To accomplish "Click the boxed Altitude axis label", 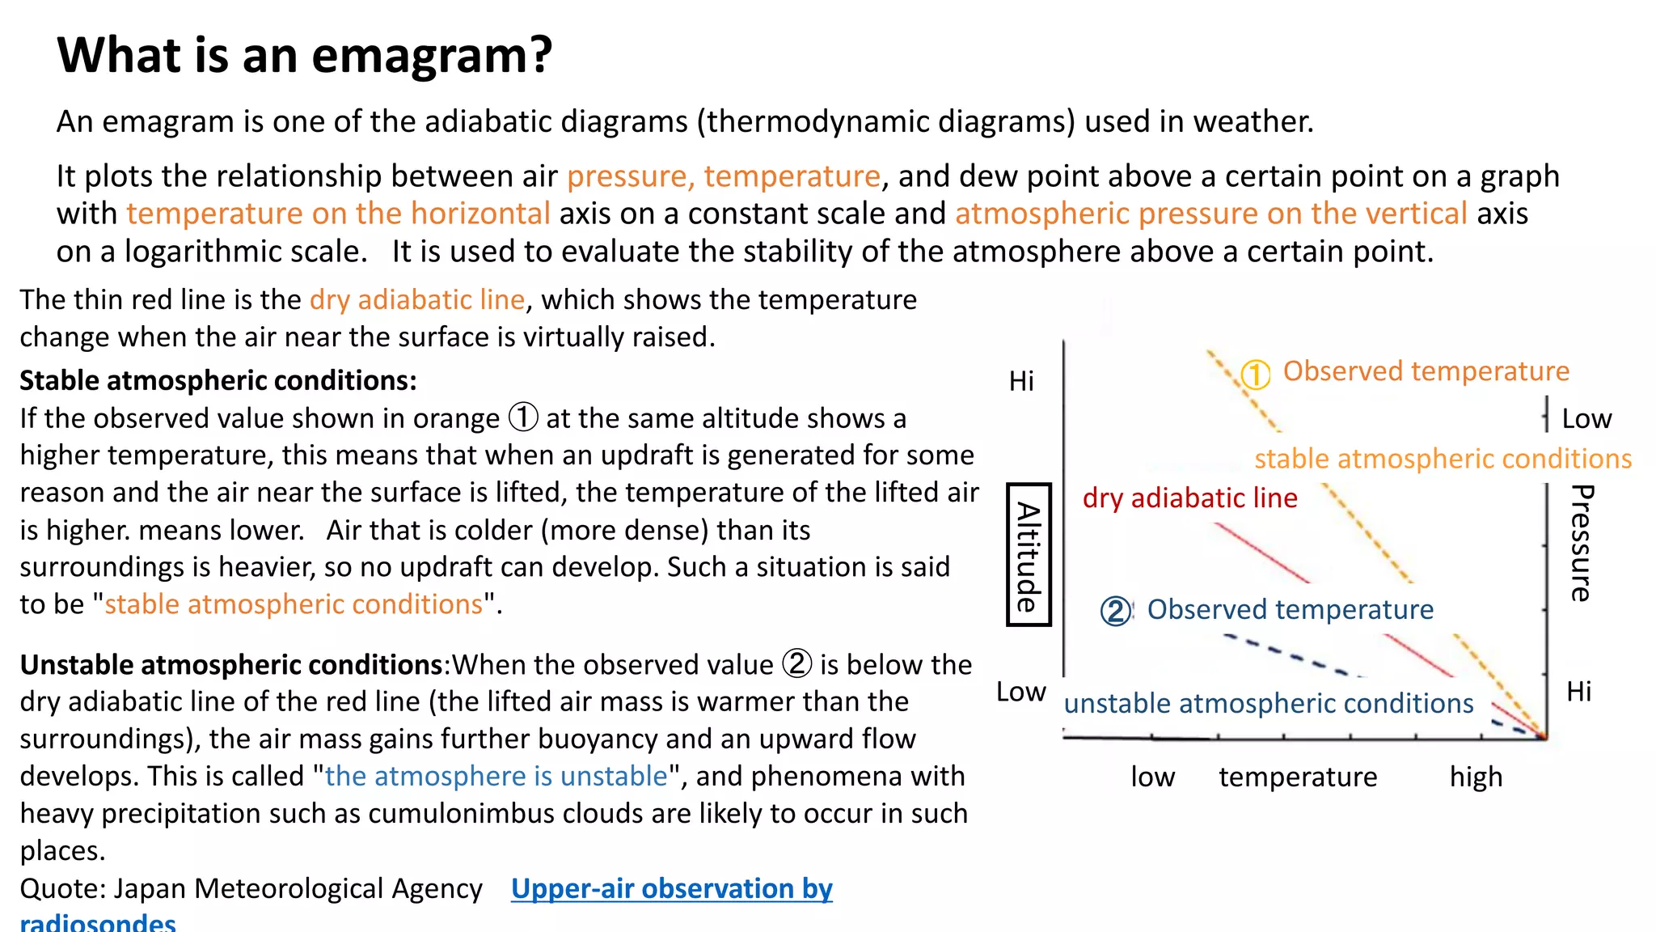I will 1028,555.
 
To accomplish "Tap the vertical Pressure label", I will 1581,543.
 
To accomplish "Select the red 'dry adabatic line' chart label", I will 1189,498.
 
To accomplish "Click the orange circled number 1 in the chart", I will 1255,374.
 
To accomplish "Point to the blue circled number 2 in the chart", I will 1115,611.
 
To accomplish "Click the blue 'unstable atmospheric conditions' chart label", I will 1268,704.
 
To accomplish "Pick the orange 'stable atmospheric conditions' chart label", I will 1443,459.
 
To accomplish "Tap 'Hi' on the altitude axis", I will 1021,381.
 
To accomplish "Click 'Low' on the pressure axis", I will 1586,419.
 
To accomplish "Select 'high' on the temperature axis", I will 1476,777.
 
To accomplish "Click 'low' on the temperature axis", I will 1152,777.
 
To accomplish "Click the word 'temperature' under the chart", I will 1298,777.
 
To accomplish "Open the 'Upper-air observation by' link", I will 671,888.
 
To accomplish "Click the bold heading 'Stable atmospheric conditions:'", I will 218,380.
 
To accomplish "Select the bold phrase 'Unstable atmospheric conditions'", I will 231,665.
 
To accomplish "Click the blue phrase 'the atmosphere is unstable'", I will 496,777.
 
